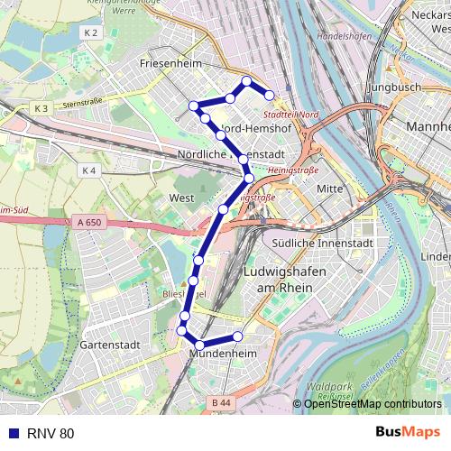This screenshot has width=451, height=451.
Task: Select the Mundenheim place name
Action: (x=224, y=355)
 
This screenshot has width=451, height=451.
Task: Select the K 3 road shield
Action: (x=41, y=108)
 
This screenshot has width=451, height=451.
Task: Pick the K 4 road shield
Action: (x=87, y=170)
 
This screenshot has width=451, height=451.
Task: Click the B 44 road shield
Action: (x=220, y=402)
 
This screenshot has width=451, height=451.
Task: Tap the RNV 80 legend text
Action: (x=51, y=434)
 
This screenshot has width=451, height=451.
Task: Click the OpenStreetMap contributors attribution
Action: (x=372, y=404)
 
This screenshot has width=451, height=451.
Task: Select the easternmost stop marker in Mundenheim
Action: (x=238, y=336)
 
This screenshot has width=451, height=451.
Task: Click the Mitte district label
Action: (x=330, y=188)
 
